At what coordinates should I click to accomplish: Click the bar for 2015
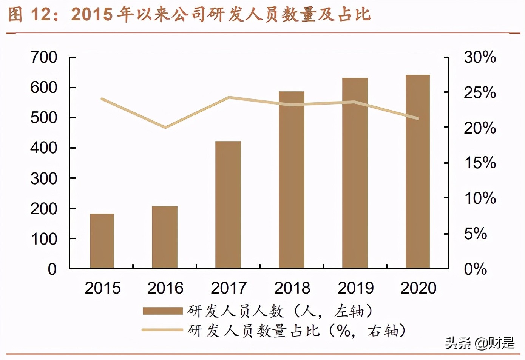click(x=102, y=241)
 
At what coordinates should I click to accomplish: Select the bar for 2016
click(x=165, y=237)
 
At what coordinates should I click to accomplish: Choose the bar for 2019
click(x=355, y=173)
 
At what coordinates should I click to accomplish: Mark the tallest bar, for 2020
click(x=418, y=172)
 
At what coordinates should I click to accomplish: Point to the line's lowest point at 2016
click(x=165, y=127)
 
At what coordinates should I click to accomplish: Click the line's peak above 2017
click(x=229, y=97)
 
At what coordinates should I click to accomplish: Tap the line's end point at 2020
click(x=417, y=118)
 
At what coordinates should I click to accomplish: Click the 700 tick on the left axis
click(x=44, y=57)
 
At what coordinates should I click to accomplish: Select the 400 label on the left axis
click(x=44, y=148)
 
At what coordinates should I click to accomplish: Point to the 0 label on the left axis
click(x=52, y=269)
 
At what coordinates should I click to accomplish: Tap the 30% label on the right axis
click(x=480, y=57)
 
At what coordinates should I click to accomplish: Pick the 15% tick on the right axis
click(x=480, y=163)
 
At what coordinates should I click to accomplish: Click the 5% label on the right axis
click(x=475, y=234)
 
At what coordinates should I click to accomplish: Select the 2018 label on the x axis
click(x=292, y=288)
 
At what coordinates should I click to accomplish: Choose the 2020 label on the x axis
click(x=418, y=288)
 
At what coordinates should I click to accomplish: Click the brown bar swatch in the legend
click(x=162, y=311)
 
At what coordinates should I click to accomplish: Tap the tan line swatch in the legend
click(x=162, y=330)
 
